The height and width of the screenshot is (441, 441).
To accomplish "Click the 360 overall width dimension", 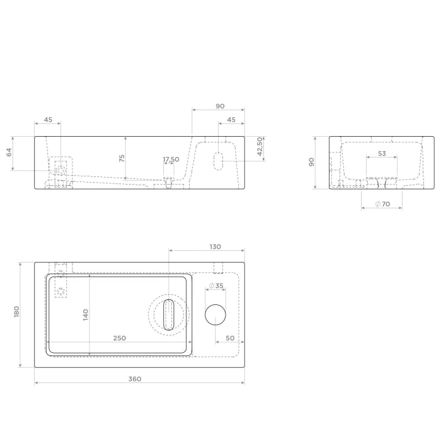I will (x=135, y=379).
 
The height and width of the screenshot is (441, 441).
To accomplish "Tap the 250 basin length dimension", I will (x=120, y=338).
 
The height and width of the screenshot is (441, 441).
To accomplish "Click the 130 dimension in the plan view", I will (x=215, y=247).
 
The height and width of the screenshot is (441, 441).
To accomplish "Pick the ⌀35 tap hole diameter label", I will (x=216, y=286).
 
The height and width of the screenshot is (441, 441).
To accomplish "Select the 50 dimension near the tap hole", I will (x=230, y=338).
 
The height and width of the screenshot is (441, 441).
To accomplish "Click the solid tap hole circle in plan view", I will (x=216, y=314).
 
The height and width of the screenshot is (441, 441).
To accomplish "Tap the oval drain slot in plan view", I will (x=169, y=314).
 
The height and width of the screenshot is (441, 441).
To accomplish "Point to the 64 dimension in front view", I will (x=9, y=152).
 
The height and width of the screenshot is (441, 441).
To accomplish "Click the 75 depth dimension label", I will (x=122, y=158).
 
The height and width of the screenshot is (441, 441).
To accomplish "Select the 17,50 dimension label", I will (x=171, y=159).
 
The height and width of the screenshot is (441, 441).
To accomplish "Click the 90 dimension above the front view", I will (x=220, y=106).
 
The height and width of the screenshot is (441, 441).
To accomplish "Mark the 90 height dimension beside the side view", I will (x=311, y=162).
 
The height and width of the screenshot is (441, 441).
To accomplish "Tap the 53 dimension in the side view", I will (x=382, y=154).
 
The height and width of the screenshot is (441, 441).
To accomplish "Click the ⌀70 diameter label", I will (x=382, y=203).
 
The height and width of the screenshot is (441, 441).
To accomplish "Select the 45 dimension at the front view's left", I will (x=48, y=119).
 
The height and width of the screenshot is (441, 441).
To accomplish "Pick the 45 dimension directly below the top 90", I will (x=231, y=119).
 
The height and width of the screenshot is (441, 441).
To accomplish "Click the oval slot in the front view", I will (x=218, y=160).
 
